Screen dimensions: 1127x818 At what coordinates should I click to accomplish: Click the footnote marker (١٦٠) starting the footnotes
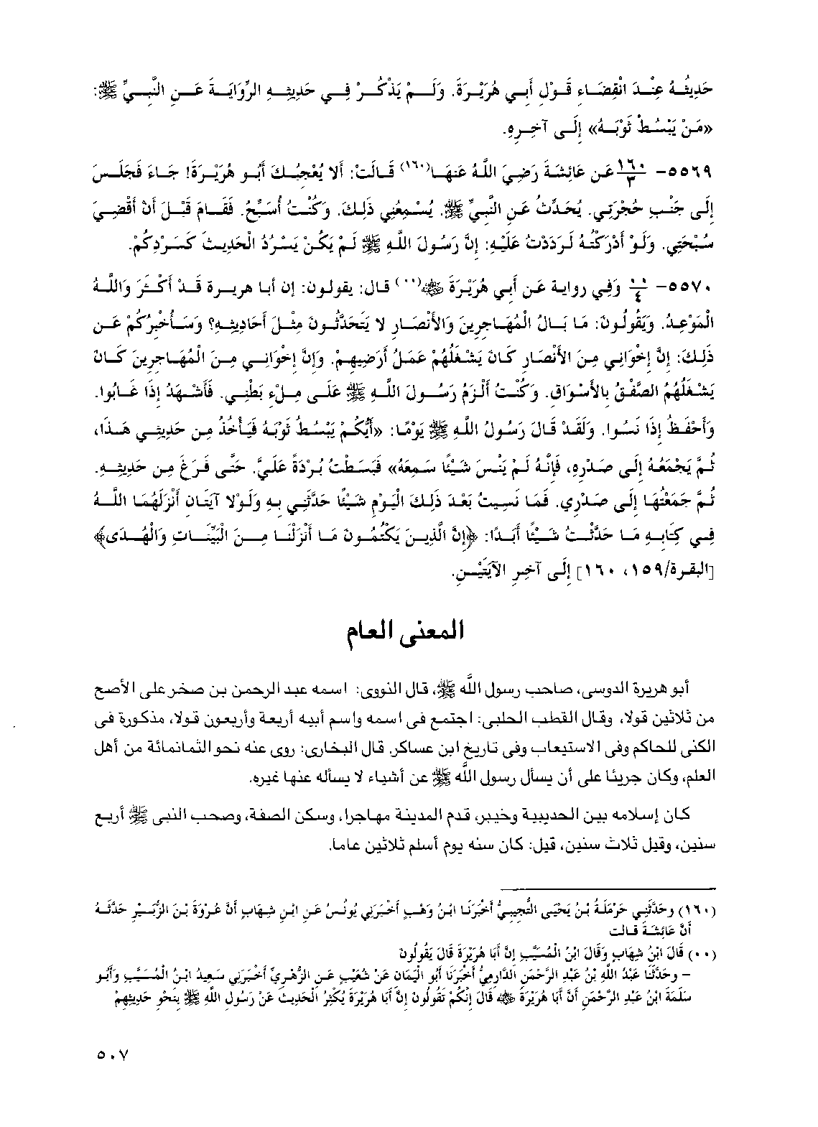[705, 910]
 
